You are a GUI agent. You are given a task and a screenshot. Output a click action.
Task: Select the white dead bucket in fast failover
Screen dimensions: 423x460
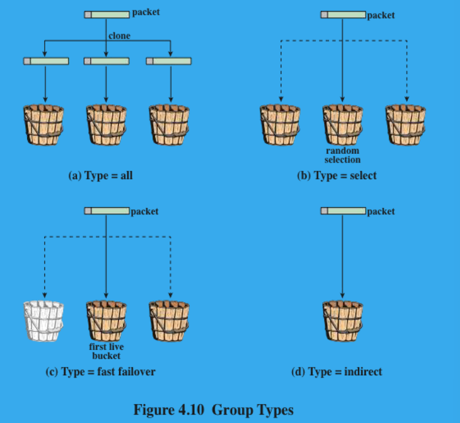43,321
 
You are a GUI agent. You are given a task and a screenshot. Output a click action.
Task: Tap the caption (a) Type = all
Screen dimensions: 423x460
100,176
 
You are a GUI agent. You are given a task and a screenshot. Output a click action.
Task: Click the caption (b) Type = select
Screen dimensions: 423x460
336,176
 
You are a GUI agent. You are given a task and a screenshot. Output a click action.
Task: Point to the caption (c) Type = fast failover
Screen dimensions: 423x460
100,372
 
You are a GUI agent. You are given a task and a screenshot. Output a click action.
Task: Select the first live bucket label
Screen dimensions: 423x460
107,351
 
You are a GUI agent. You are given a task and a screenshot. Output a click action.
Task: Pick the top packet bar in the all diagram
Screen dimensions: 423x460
107,13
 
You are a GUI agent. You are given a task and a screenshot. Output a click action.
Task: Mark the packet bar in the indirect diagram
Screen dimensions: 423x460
343,211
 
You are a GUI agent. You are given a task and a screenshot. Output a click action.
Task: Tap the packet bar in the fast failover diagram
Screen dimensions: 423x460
107,211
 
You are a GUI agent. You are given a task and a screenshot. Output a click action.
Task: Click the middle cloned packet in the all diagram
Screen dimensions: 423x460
107,61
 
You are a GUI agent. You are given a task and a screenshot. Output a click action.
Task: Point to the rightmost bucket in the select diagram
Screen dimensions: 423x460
405,125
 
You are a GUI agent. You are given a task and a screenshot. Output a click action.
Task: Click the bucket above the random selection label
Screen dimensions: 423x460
342,125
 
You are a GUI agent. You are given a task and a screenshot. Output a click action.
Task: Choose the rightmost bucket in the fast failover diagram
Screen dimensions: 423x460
170,321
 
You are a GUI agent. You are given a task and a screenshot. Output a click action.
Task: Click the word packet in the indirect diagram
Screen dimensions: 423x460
381,211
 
